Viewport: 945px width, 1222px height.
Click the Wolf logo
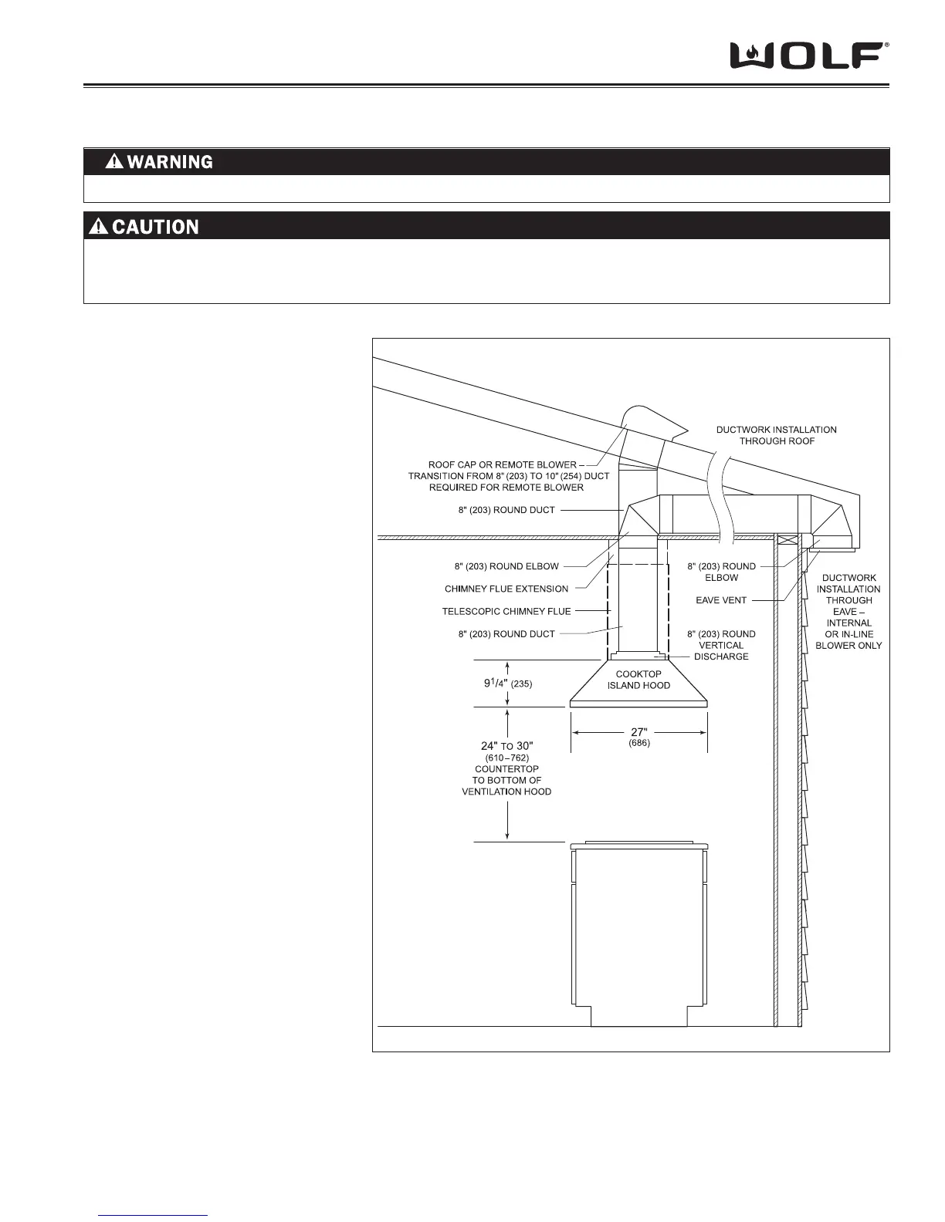[x=809, y=56]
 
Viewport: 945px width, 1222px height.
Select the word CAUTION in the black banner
[x=155, y=227]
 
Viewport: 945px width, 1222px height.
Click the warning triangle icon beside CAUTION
[x=99, y=227]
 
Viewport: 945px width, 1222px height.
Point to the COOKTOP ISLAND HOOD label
[x=638, y=680]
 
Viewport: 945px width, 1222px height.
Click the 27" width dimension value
[x=638, y=732]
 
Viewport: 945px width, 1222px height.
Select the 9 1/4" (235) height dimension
[x=503, y=683]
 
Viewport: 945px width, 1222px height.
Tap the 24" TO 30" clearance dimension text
[x=506, y=746]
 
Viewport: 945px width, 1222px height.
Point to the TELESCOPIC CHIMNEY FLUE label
[x=506, y=611]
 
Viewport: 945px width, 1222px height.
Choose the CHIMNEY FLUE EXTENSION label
[x=506, y=589]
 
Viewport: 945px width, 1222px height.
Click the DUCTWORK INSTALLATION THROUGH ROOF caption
[x=776, y=435]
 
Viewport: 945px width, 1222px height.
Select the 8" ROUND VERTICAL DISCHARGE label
[x=721, y=645]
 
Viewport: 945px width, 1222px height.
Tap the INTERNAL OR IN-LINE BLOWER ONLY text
[x=848, y=634]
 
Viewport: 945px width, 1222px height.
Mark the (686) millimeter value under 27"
[x=638, y=744]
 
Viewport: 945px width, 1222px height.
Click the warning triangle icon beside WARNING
[x=114, y=162]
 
